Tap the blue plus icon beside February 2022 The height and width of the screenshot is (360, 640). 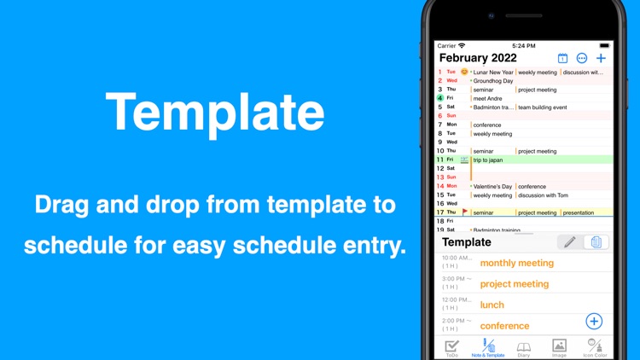tap(601, 58)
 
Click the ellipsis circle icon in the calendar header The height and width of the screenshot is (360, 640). tap(582, 58)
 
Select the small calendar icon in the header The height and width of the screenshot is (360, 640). tap(562, 58)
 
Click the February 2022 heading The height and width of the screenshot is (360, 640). tap(478, 58)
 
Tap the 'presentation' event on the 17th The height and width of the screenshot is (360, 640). tap(579, 212)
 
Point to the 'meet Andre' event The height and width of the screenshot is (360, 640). tap(489, 98)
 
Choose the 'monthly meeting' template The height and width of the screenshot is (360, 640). tap(516, 263)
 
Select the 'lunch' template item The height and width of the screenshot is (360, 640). tap(492, 305)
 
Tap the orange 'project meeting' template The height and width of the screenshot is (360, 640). tap(514, 284)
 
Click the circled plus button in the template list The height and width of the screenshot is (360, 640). tap(594, 321)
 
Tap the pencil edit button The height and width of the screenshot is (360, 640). tap(569, 242)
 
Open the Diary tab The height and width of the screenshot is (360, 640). tap(524, 348)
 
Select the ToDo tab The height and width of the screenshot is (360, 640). tap(451, 348)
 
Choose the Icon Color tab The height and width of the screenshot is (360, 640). tap(595, 348)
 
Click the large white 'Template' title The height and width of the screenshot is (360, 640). tap(215, 113)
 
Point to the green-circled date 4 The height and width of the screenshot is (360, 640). tap(440, 98)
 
